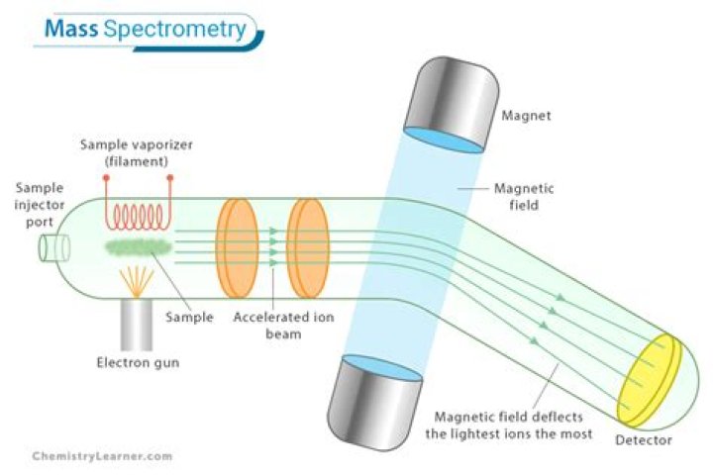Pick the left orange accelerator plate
tap(237, 247)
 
